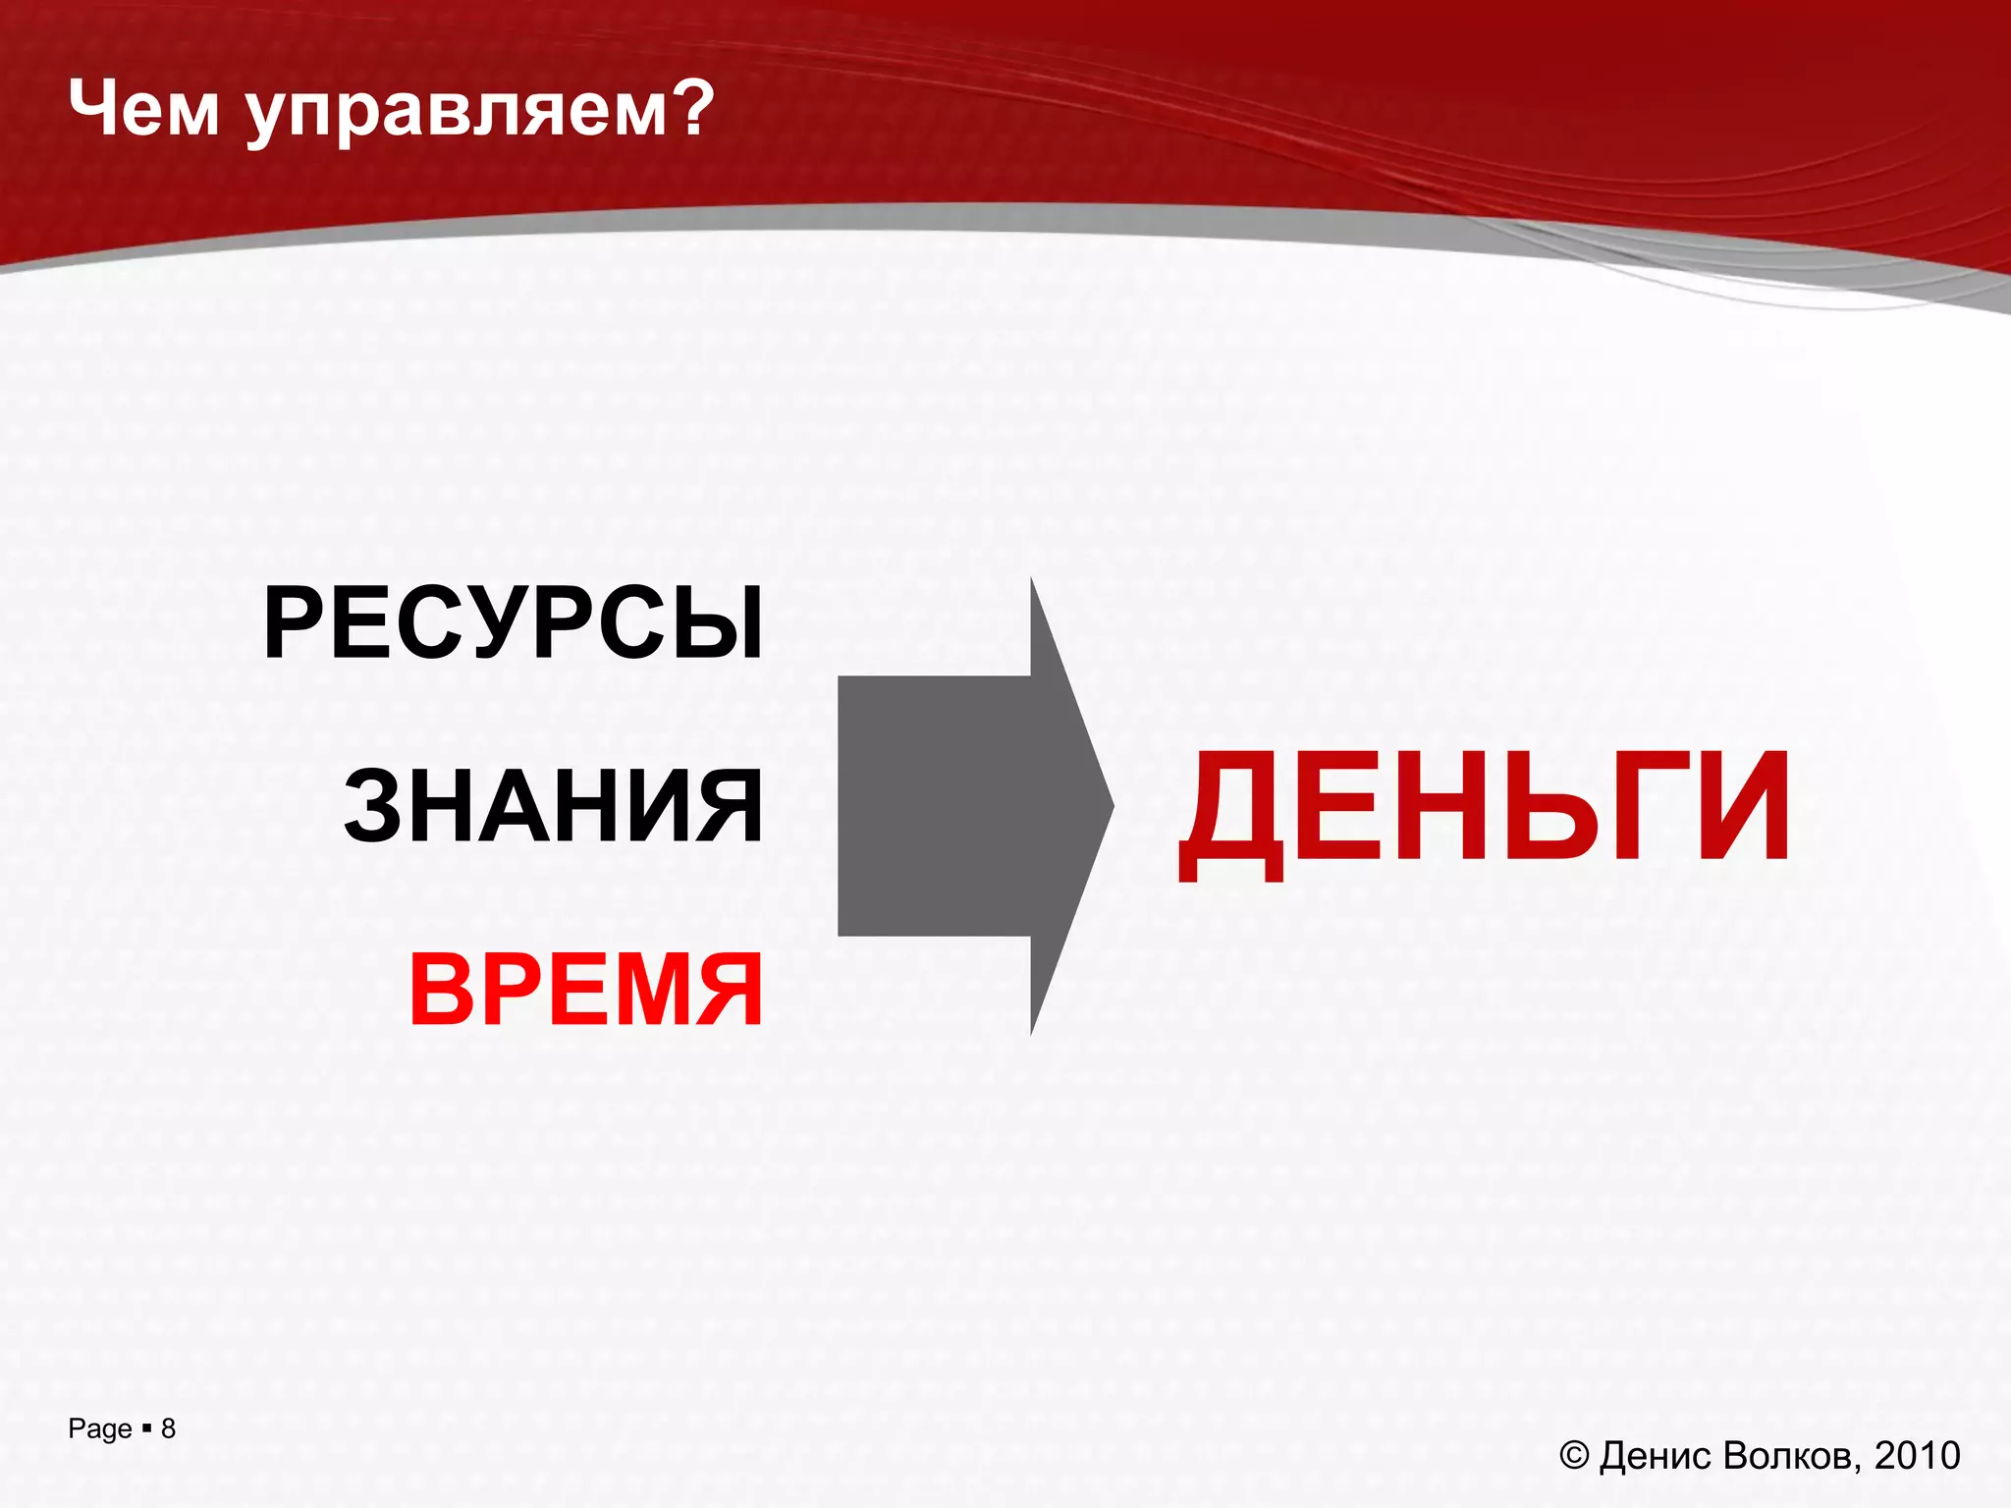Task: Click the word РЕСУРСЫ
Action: pos(513,623)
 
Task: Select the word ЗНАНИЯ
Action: pos(553,807)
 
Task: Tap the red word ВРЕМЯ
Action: pos(586,990)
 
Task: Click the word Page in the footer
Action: pos(99,1429)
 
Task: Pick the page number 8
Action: pos(168,1428)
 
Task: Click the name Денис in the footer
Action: pos(1656,1456)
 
